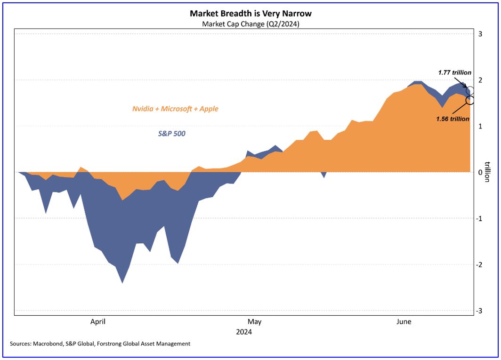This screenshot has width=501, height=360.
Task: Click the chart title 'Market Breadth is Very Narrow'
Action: pyautogui.click(x=250, y=14)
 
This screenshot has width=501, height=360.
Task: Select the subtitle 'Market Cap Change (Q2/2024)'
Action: pyautogui.click(x=250, y=24)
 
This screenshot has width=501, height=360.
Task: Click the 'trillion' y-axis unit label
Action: pyautogui.click(x=488, y=172)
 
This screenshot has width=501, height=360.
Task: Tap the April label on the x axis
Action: pyautogui.click(x=97, y=322)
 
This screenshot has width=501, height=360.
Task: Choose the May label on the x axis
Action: pyautogui.click(x=254, y=322)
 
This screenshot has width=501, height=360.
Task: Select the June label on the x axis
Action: pyautogui.click(x=404, y=322)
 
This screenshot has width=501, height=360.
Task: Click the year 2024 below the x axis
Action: pyautogui.click(x=244, y=332)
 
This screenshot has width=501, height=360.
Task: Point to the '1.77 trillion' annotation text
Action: pyautogui.click(x=455, y=72)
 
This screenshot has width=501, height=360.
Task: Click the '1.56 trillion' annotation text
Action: pyautogui.click(x=453, y=119)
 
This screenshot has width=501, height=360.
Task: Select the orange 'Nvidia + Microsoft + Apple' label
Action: pyautogui.click(x=175, y=109)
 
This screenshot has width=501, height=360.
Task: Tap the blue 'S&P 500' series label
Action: pyautogui.click(x=171, y=134)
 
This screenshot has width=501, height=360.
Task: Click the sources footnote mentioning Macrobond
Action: pyautogui.click(x=100, y=344)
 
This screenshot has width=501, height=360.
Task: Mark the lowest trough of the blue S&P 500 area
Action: pyautogui.click(x=122, y=283)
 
